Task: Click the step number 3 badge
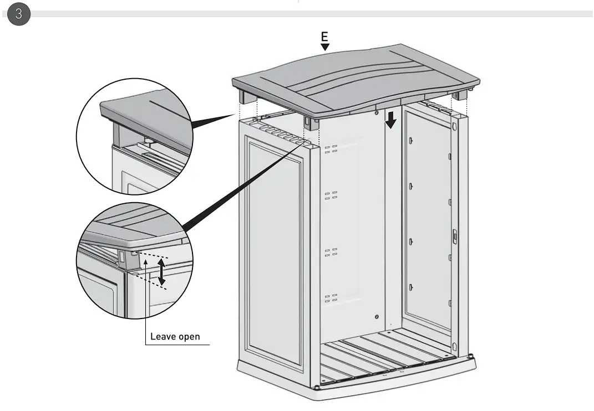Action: click(x=19, y=14)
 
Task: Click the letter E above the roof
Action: click(x=325, y=37)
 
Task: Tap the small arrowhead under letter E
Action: click(x=325, y=47)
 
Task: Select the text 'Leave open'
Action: click(x=175, y=336)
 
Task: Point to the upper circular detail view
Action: click(x=134, y=136)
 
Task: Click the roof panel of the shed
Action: click(x=355, y=78)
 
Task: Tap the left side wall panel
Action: click(x=275, y=249)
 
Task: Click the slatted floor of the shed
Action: click(x=388, y=355)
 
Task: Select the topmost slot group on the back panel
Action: click(x=331, y=149)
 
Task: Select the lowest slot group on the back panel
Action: click(x=331, y=298)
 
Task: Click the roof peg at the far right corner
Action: click(x=459, y=96)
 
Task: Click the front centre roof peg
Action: click(x=311, y=122)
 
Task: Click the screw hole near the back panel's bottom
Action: click(x=377, y=316)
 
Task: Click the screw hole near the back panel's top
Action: click(x=377, y=114)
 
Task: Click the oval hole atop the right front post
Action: click(x=455, y=127)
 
